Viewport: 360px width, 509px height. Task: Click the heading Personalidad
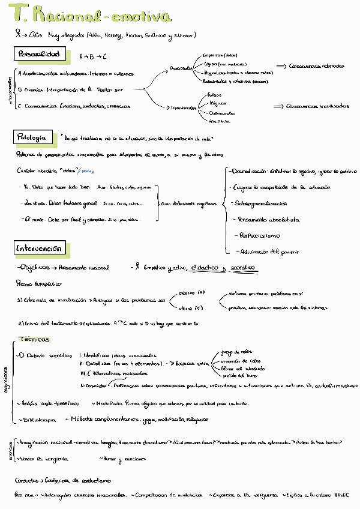39,55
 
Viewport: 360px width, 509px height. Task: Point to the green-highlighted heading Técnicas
34,339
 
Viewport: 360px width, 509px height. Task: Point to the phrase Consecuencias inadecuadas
317,106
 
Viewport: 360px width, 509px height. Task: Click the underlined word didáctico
205,267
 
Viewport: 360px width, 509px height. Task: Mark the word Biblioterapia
38,419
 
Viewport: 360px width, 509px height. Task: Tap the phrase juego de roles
236,352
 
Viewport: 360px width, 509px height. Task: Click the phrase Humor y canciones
124,459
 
